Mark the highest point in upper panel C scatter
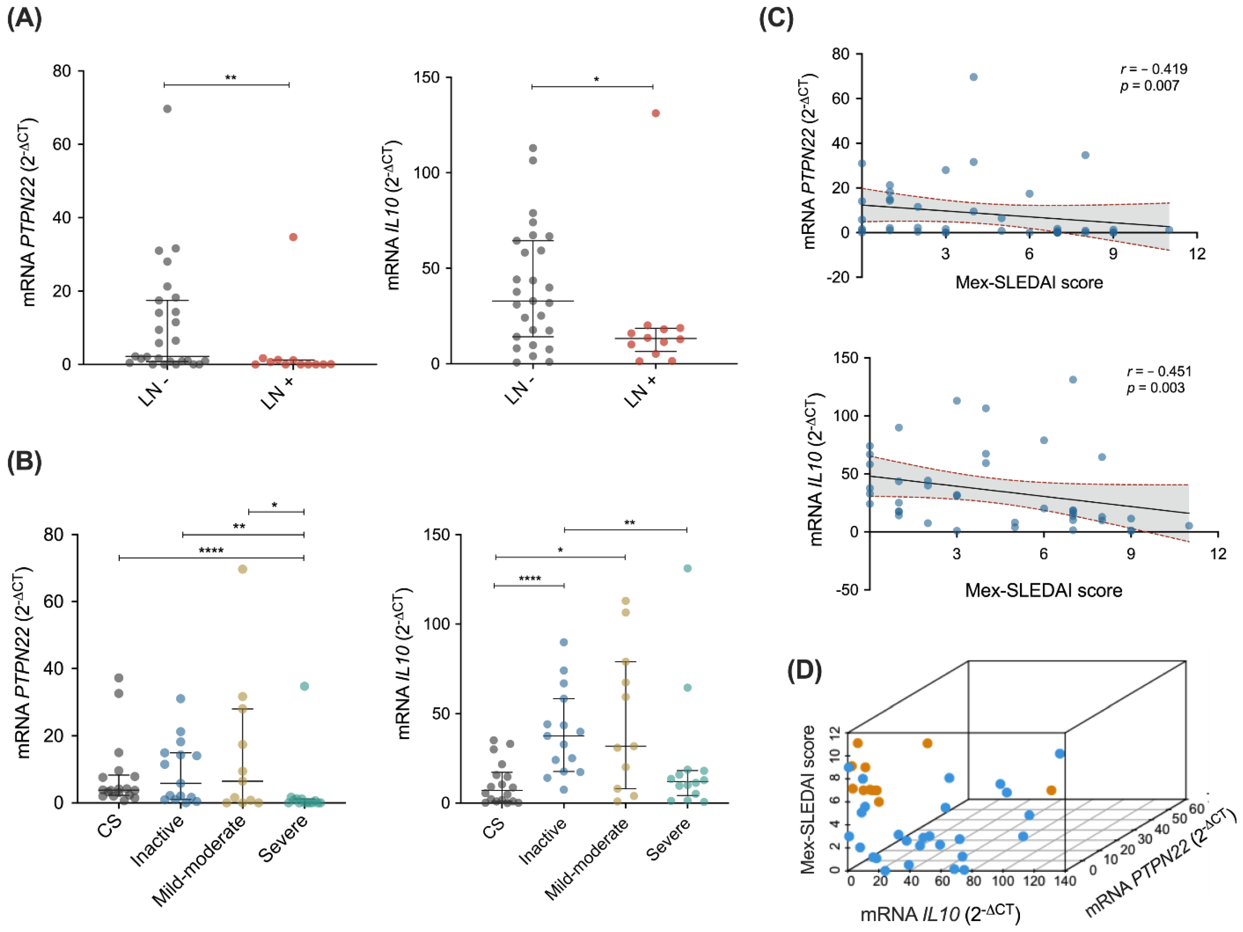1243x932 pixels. (973, 77)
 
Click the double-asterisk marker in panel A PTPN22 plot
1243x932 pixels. (230, 78)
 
